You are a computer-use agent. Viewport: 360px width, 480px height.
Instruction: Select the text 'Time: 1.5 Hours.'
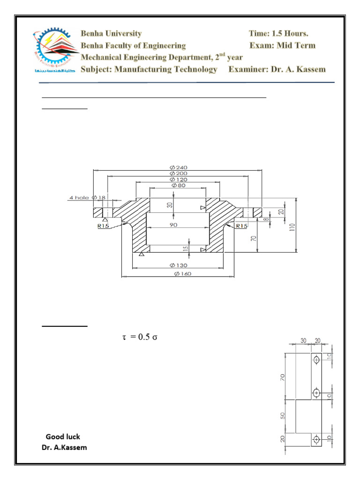(278, 34)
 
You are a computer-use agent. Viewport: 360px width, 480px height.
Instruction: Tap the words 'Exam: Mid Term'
(283, 45)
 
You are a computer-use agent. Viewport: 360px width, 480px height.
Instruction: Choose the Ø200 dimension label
(178, 173)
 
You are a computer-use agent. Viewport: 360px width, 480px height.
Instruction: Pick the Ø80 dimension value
(178, 185)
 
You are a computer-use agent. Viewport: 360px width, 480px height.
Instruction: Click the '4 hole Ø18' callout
(87, 198)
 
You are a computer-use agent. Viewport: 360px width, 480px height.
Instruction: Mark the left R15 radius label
(103, 226)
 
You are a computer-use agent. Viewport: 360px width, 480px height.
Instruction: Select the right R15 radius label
(241, 226)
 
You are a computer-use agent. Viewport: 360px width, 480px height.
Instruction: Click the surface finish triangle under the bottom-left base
(142, 254)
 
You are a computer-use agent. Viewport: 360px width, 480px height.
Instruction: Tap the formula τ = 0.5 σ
(140, 337)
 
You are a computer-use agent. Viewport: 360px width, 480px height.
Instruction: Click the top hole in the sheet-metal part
(317, 360)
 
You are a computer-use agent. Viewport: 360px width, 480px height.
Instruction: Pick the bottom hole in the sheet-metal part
(317, 439)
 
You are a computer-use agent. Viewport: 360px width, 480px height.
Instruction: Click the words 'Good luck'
(63, 437)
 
